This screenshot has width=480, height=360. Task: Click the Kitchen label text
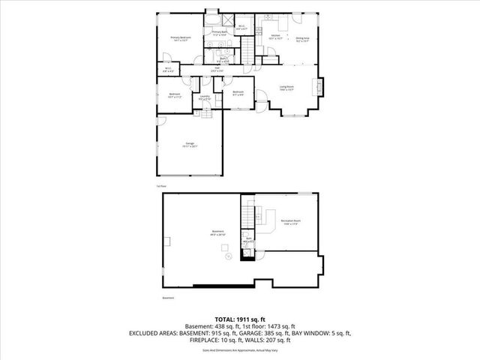(275, 35)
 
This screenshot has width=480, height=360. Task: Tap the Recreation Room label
(291, 220)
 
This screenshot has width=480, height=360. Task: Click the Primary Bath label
(218, 32)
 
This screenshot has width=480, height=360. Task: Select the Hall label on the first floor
(217, 68)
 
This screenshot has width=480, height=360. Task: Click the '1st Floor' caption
(160, 184)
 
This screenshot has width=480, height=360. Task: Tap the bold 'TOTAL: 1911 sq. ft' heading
(239, 318)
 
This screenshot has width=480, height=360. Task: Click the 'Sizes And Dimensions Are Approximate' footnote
(239, 350)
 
